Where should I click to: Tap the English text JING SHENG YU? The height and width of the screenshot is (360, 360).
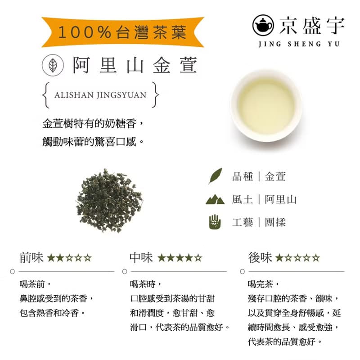(x=300, y=44)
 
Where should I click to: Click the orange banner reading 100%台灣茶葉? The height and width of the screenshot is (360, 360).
(x=122, y=31)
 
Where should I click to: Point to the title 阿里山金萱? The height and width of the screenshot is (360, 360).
(x=135, y=66)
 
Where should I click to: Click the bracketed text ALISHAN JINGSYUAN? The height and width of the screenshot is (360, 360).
(x=100, y=95)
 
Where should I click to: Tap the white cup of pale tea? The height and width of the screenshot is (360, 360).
(x=266, y=106)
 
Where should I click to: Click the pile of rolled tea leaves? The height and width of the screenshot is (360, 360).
(x=109, y=200)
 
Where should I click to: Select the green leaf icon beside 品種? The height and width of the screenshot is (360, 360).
(x=215, y=176)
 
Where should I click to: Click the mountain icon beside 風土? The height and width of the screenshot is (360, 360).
(x=215, y=199)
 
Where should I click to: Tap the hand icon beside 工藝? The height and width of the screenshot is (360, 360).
(x=215, y=222)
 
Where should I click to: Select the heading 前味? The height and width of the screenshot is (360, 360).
(x=31, y=258)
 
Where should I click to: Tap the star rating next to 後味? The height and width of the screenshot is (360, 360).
(x=298, y=258)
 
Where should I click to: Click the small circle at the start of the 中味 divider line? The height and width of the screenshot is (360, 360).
(x=125, y=271)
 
